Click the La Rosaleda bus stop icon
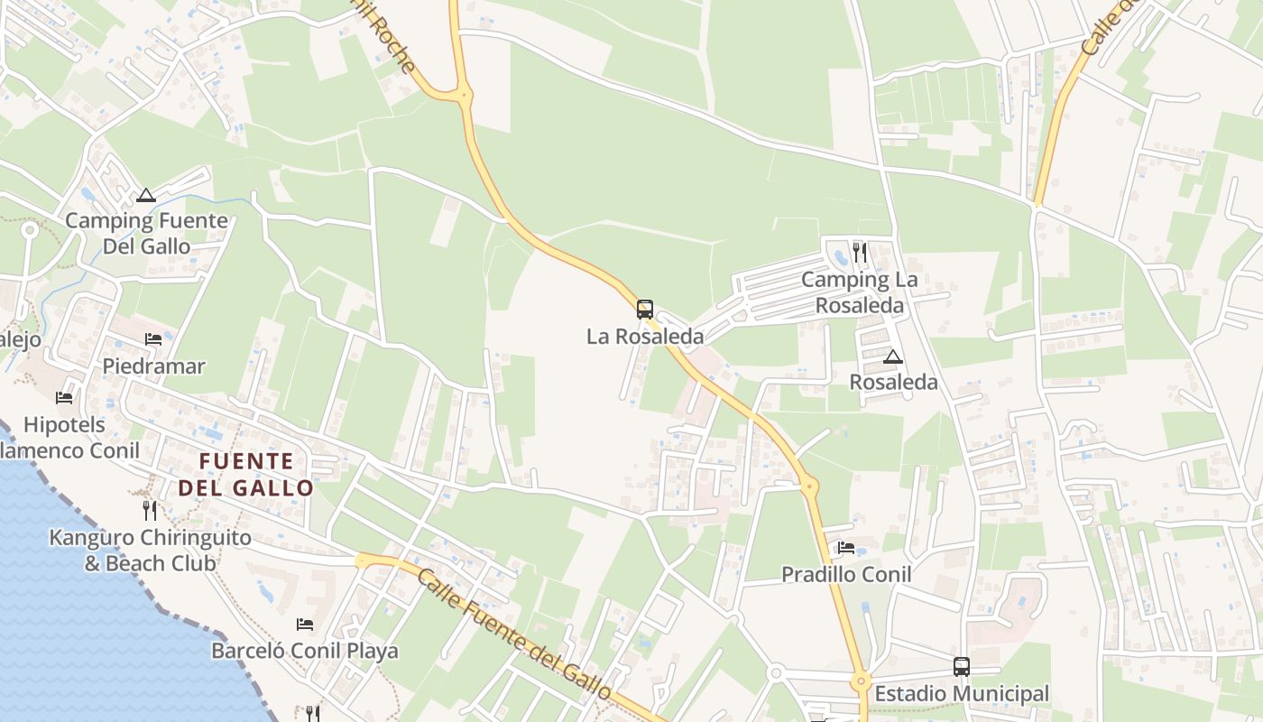point(644,310)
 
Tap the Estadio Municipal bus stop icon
point(962,667)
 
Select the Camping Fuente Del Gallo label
point(146,233)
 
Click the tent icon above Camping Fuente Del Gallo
point(146,195)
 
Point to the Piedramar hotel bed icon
point(153,339)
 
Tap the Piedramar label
point(153,366)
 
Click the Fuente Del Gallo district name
point(246,475)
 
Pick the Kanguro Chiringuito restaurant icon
point(150,511)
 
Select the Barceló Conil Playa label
point(305,651)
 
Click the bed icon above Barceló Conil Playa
point(305,624)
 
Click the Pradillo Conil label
point(846,574)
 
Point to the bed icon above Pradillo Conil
point(846,547)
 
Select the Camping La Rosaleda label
point(859,292)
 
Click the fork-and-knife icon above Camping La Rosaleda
point(859,253)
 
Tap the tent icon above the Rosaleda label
point(893,356)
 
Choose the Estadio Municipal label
point(962,694)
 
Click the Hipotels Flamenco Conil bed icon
point(63,397)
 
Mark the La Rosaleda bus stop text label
point(644,337)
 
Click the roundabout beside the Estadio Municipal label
point(860,681)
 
